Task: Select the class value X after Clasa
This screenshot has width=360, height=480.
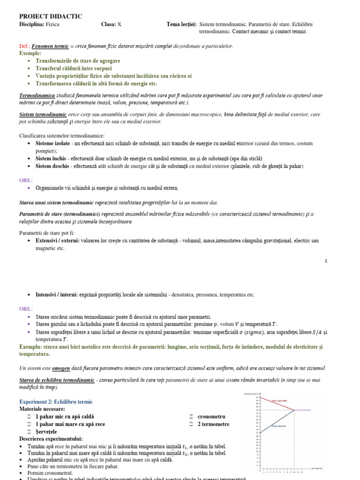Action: click(x=119, y=24)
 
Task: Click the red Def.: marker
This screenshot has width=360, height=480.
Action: click(x=24, y=46)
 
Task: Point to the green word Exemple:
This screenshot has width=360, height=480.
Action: click(x=30, y=53)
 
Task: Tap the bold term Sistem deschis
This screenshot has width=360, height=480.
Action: click(x=53, y=166)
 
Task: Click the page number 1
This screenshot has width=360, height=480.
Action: click(x=326, y=261)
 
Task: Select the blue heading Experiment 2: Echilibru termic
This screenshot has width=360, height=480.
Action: click(x=56, y=402)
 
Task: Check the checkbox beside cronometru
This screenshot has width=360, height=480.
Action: click(x=192, y=417)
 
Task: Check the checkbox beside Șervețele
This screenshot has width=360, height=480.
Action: click(x=29, y=431)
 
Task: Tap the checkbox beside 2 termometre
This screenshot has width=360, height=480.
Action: click(x=192, y=424)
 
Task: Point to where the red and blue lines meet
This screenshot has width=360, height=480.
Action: click(x=294, y=410)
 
